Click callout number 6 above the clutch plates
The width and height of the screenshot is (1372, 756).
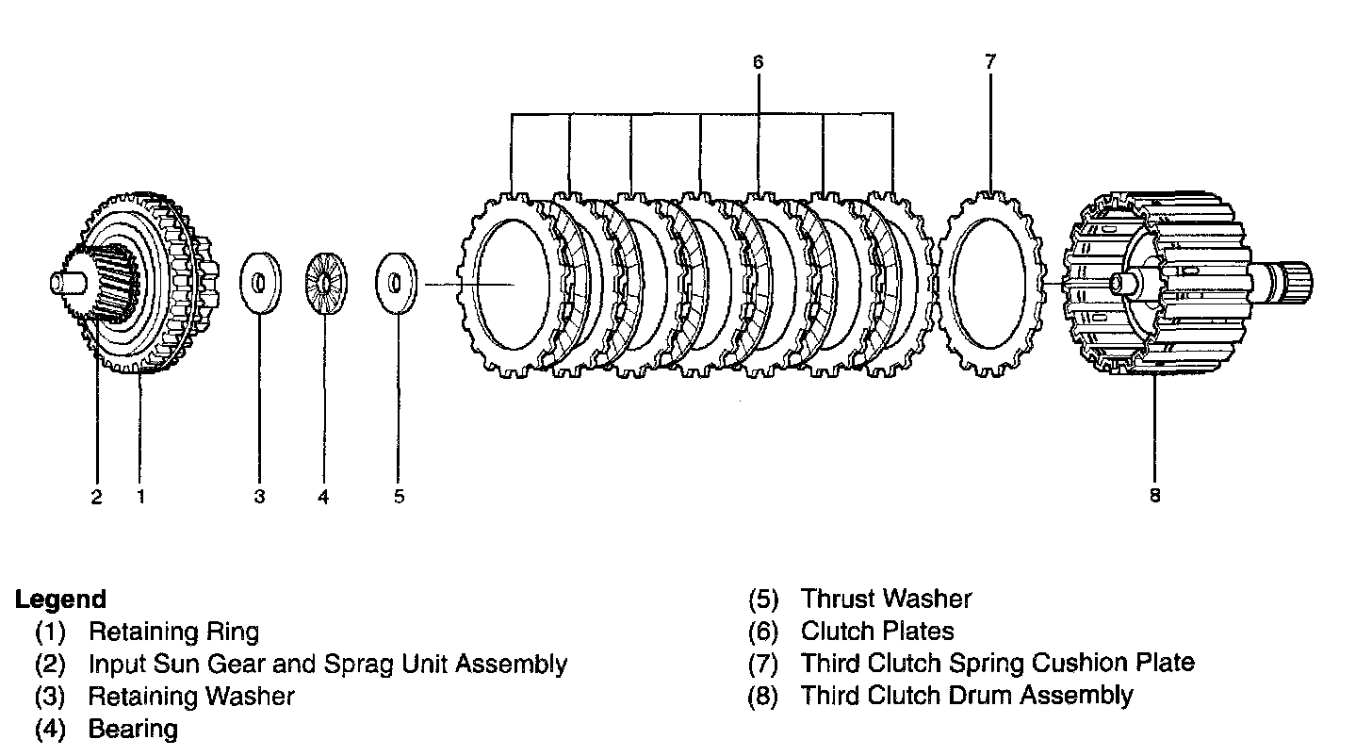758,62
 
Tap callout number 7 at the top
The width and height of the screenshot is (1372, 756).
989,62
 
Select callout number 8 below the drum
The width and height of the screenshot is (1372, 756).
1155,494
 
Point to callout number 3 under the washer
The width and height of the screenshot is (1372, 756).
259,496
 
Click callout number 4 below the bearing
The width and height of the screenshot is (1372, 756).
323,496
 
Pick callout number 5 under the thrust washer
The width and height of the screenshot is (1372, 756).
399,496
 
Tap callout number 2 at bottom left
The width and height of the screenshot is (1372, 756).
96,496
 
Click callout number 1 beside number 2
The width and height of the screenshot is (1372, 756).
140,496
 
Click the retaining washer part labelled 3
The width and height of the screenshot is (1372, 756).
259,282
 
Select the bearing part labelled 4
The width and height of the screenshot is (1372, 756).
326,282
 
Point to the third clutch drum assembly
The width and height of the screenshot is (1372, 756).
1168,283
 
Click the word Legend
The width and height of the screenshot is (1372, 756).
60,599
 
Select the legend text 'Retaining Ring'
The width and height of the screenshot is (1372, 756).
173,632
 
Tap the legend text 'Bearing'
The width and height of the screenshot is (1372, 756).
132,729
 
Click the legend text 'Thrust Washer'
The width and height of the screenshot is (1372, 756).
886,599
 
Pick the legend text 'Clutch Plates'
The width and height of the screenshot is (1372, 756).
877,632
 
